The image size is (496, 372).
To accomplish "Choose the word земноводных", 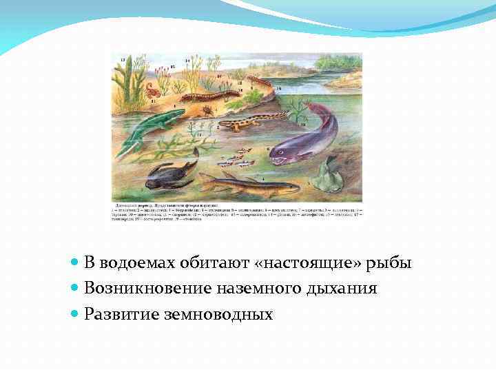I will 219,314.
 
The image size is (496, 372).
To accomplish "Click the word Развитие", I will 121,314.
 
